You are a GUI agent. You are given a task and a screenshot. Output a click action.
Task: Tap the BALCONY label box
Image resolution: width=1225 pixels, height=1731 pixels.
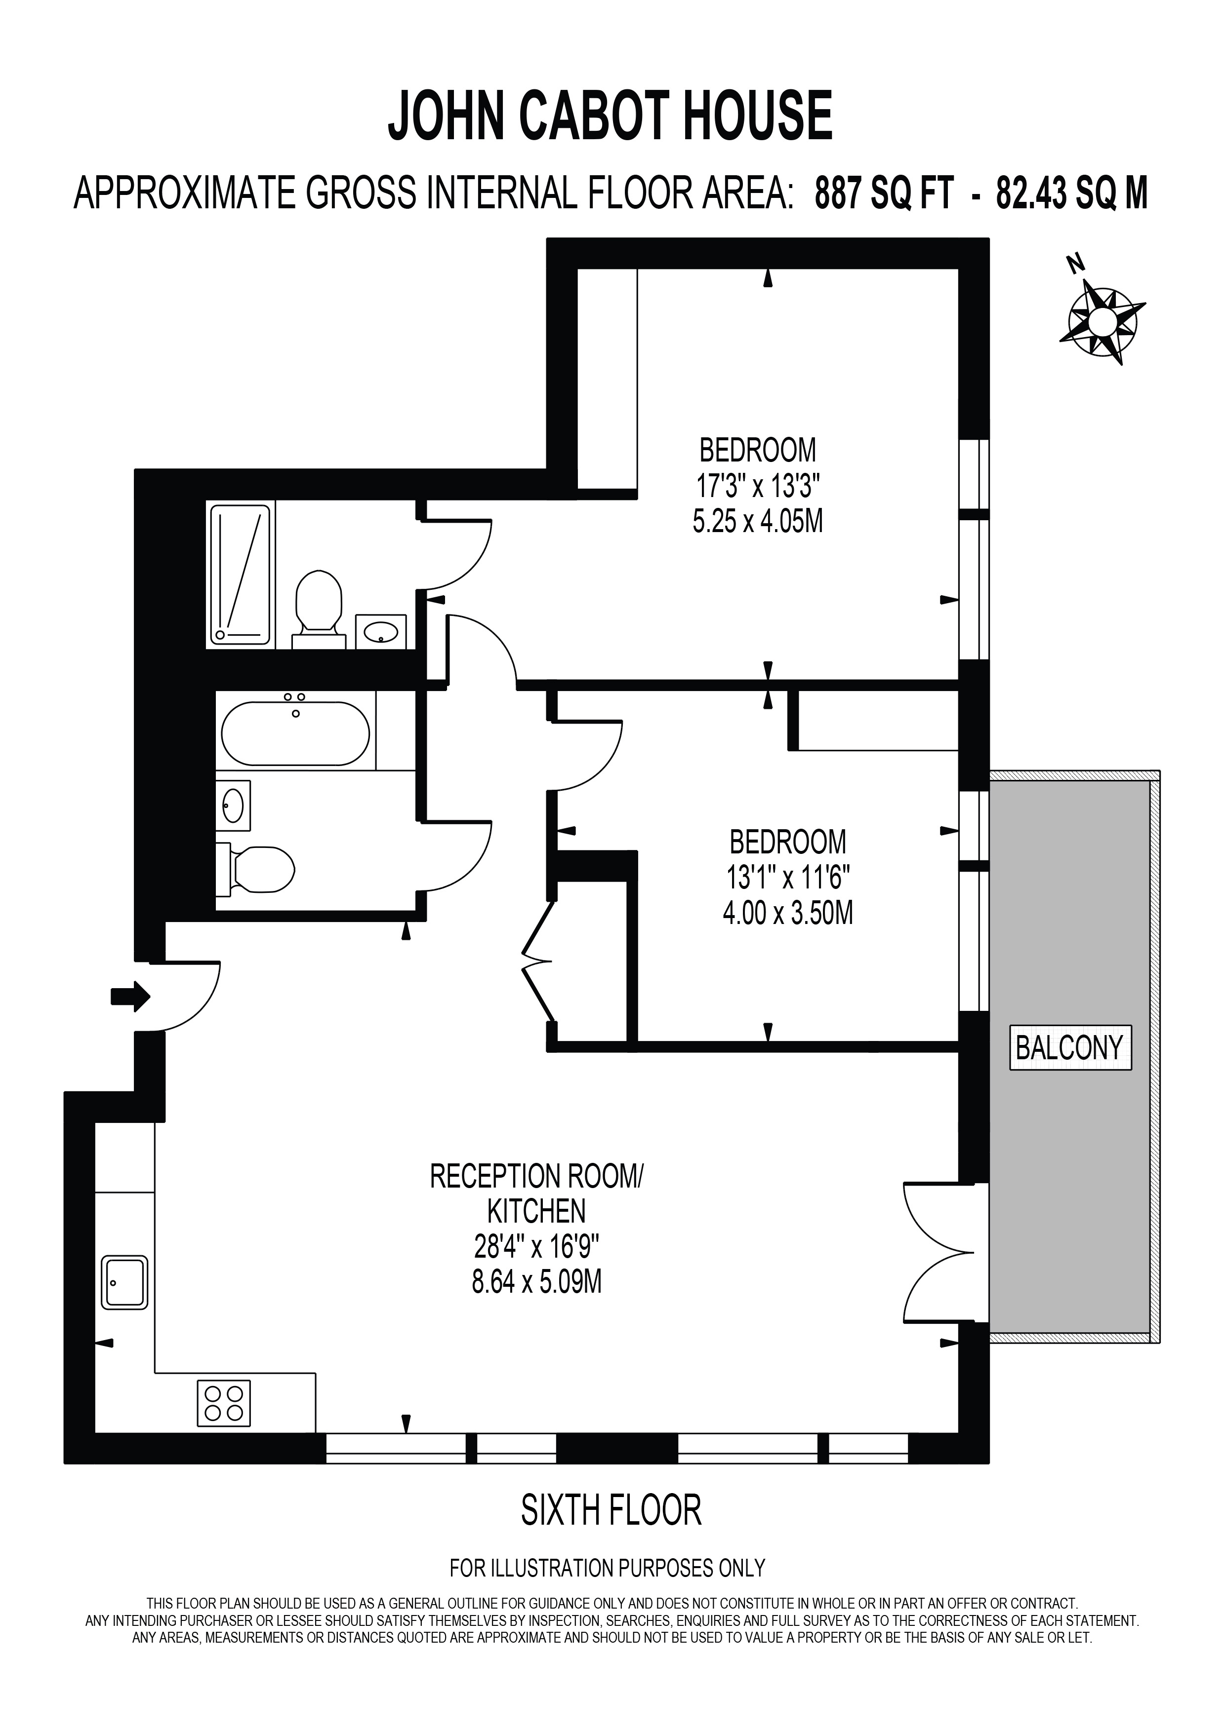pyautogui.click(x=1070, y=1047)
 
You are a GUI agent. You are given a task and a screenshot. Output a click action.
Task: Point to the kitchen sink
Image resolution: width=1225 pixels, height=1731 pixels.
pyautogui.click(x=125, y=1282)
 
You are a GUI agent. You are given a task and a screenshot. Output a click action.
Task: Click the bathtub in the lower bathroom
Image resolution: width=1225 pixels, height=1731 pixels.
pyautogui.click(x=296, y=733)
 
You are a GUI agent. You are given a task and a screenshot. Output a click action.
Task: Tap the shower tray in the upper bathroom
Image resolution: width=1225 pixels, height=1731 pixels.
pyautogui.click(x=240, y=575)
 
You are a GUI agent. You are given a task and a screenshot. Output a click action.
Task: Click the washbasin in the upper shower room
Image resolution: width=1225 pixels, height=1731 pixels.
pyautogui.click(x=381, y=631)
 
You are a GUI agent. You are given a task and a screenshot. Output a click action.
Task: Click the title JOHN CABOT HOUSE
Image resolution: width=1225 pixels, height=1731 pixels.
pyautogui.click(x=610, y=116)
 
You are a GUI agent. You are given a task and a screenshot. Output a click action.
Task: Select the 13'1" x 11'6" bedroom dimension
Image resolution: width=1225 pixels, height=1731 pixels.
pyautogui.click(x=788, y=877)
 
